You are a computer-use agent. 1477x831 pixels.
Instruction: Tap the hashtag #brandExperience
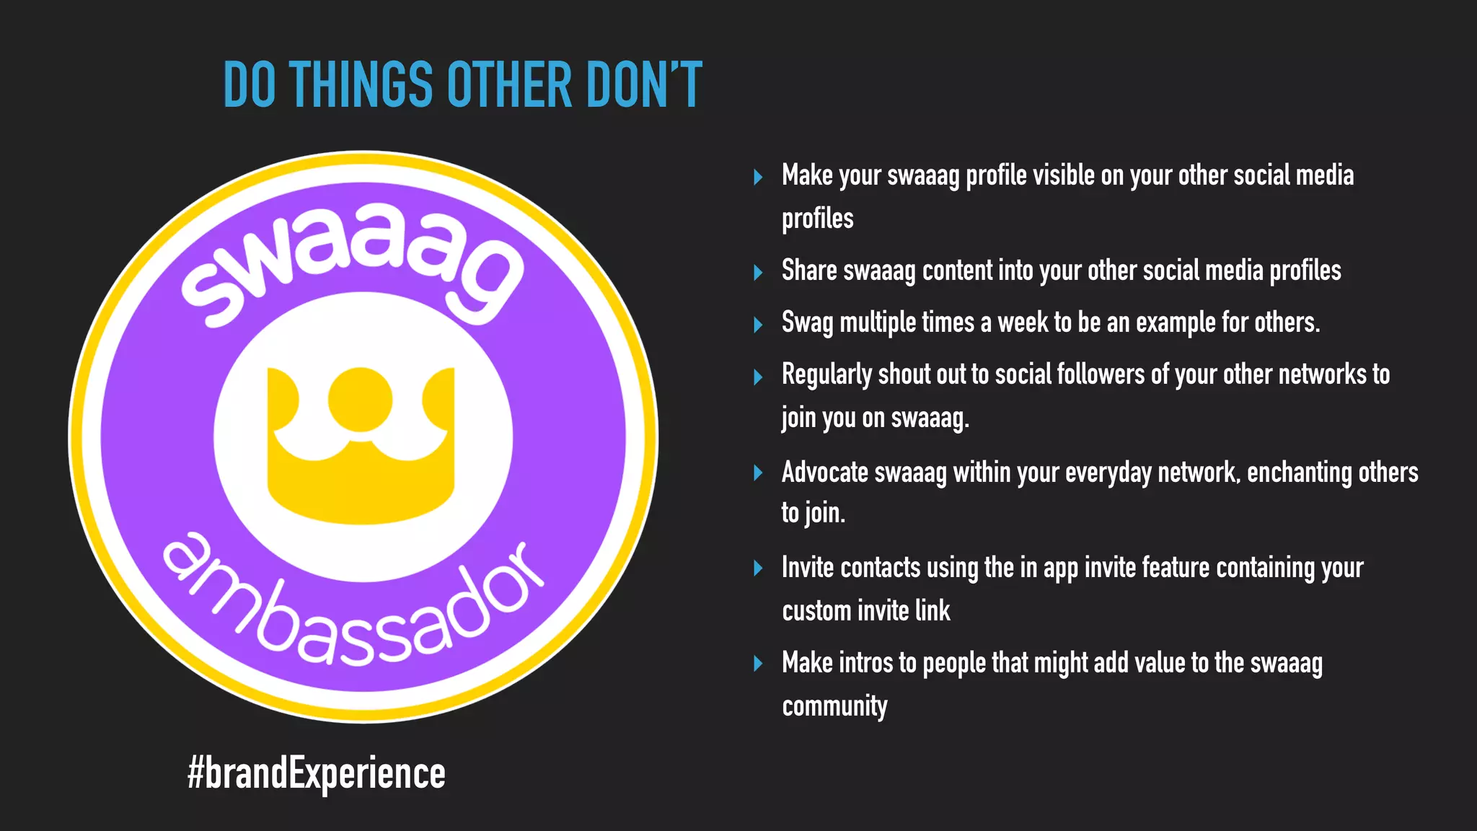(x=316, y=773)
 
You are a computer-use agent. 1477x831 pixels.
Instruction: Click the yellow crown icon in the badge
(x=361, y=444)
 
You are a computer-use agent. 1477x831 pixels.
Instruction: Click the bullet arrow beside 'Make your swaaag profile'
(x=758, y=177)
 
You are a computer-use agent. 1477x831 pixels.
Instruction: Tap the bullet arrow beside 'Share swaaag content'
(x=758, y=273)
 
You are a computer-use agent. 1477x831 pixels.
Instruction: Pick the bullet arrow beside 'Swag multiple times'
(x=758, y=325)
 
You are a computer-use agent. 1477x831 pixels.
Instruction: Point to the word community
(x=834, y=706)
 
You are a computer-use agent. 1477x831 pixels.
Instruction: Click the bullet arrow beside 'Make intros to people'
(x=758, y=664)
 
